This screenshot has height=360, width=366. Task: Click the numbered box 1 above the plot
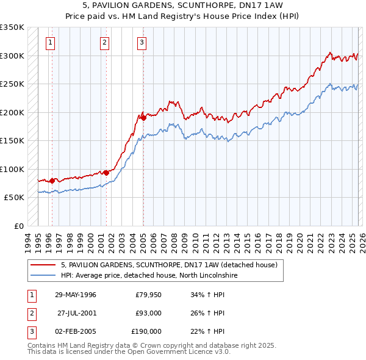pos(49,43)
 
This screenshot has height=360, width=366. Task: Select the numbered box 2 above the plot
pos(105,43)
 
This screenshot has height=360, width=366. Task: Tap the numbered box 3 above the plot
pos(142,43)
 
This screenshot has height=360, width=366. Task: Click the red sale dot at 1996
pos(52,181)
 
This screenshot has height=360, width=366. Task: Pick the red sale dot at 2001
pos(106,173)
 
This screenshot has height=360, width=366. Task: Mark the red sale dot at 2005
pos(143,118)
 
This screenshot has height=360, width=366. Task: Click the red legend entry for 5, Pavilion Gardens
pos(169,265)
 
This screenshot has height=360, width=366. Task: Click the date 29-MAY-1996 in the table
pos(76,295)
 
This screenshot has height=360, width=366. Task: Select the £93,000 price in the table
pos(148,313)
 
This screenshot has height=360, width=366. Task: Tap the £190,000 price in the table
pos(146,331)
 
